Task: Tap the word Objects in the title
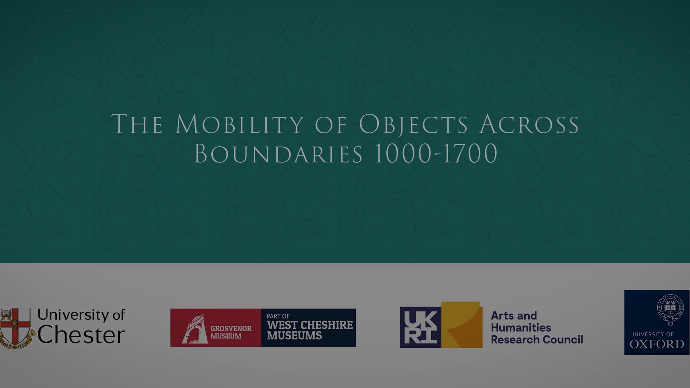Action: [x=413, y=125]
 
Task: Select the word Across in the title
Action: [x=529, y=125]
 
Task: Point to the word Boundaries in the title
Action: [x=278, y=154]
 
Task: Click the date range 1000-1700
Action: [x=436, y=154]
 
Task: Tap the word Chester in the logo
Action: [x=81, y=335]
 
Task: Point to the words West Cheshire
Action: [x=310, y=325]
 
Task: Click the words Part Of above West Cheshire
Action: [x=278, y=316]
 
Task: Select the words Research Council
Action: [x=537, y=339]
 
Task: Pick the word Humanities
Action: [x=521, y=328]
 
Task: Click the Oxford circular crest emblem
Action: [x=670, y=310]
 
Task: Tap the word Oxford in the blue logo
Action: [x=657, y=344]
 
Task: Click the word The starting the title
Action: [x=137, y=125]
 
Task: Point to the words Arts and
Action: [x=514, y=315]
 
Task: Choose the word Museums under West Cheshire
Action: [x=294, y=336]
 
